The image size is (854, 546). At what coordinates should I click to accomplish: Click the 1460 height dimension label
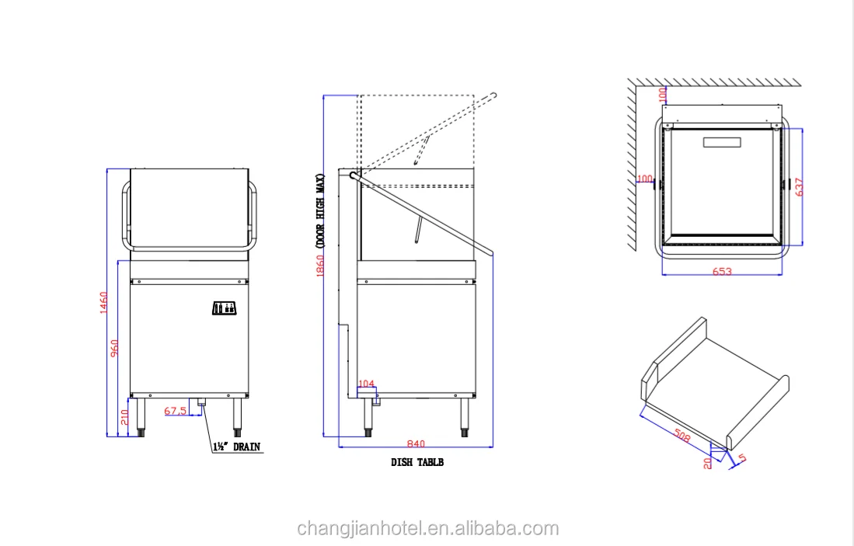103,304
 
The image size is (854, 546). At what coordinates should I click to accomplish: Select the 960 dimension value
114,350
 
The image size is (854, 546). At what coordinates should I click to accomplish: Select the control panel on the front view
225,308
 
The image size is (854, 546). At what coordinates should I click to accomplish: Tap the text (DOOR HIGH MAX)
319,210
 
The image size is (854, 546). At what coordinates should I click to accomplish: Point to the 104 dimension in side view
366,383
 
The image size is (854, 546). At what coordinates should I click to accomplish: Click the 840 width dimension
416,443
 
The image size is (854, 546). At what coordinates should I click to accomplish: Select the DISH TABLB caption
417,462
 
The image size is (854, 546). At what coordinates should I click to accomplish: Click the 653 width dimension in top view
722,271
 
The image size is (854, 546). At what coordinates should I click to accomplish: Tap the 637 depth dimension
799,186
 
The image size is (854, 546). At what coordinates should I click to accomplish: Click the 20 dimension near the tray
707,463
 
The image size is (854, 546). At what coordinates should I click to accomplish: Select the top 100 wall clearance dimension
662,94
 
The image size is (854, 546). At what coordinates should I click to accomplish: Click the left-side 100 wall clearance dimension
644,179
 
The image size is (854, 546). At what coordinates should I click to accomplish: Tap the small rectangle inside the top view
723,142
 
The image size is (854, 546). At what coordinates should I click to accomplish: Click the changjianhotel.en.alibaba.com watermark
427,529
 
